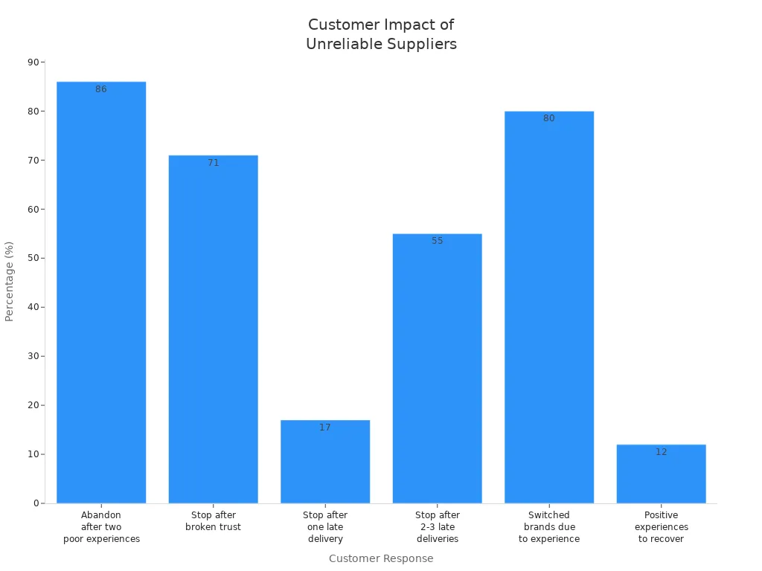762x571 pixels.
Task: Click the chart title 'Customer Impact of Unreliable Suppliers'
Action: click(x=381, y=34)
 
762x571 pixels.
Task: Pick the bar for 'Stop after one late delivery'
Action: click(x=325, y=461)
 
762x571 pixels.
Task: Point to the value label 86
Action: click(x=101, y=89)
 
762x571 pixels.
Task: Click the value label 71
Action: click(x=214, y=163)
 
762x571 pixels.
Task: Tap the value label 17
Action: click(x=325, y=428)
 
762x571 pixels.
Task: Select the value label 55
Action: click(x=438, y=241)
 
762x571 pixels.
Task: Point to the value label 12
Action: click(x=662, y=452)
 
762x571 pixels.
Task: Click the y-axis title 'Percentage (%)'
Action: click(x=10, y=281)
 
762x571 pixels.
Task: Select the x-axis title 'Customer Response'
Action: click(x=381, y=558)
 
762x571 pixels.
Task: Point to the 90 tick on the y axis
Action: click(x=33, y=62)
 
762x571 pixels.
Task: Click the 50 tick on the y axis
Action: click(x=33, y=258)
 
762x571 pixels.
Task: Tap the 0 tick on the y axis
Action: click(x=36, y=503)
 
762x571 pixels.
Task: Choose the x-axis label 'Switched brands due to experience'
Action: click(x=549, y=526)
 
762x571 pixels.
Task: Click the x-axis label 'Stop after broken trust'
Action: click(x=214, y=521)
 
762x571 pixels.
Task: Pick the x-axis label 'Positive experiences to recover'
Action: click(x=662, y=526)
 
